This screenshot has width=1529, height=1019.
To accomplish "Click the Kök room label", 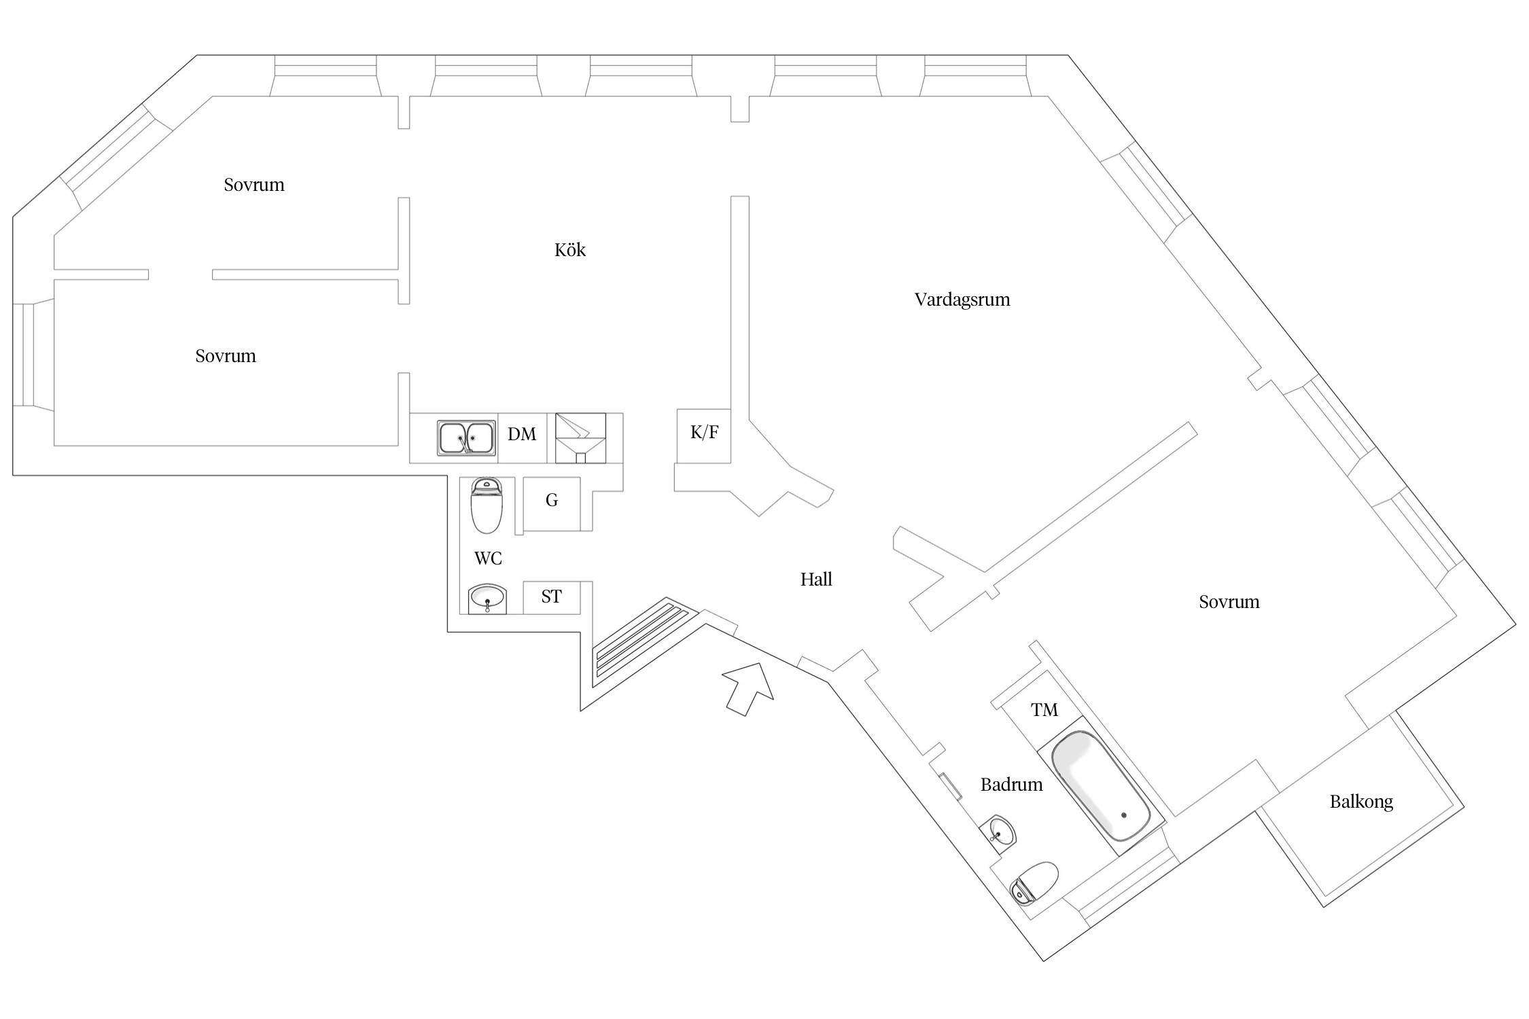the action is (x=569, y=250).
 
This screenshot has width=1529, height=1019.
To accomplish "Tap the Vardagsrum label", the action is (x=962, y=300).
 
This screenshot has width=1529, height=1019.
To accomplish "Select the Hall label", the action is (x=816, y=579).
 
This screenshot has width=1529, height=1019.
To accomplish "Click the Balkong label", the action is (x=1361, y=802).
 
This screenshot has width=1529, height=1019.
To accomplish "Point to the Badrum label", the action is (x=1011, y=785).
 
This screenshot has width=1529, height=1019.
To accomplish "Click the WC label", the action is (x=488, y=558).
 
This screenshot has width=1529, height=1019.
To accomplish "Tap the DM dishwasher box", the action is (x=523, y=438).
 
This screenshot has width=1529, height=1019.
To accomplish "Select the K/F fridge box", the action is (x=704, y=436).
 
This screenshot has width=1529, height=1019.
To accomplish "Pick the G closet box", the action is (x=552, y=504).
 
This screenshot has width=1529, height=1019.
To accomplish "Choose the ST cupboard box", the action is (x=552, y=598).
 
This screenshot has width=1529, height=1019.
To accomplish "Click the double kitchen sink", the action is (x=466, y=438).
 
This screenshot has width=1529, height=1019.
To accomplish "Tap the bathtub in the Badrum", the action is (x=1101, y=785).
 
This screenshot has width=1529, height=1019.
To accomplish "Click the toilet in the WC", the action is (x=487, y=505).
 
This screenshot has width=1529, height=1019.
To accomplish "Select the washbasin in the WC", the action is (x=487, y=598).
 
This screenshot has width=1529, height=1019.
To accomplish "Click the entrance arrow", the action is (x=748, y=689).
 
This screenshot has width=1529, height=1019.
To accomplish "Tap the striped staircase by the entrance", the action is (x=642, y=641).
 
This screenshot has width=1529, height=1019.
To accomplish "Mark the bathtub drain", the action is (x=1124, y=815).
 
